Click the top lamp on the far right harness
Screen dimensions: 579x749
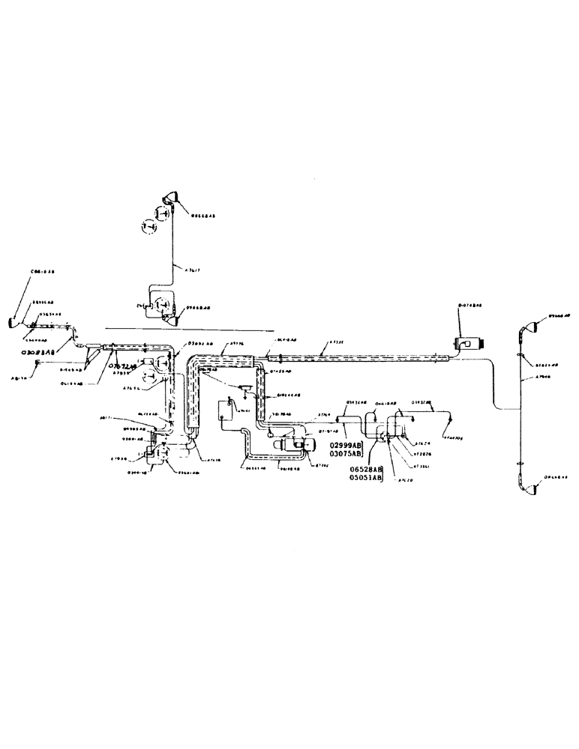pyautogui.click(x=526, y=327)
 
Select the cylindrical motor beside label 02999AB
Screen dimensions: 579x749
pyautogui.click(x=292, y=444)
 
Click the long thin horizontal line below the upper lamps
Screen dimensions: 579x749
pyautogui.click(x=187, y=330)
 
